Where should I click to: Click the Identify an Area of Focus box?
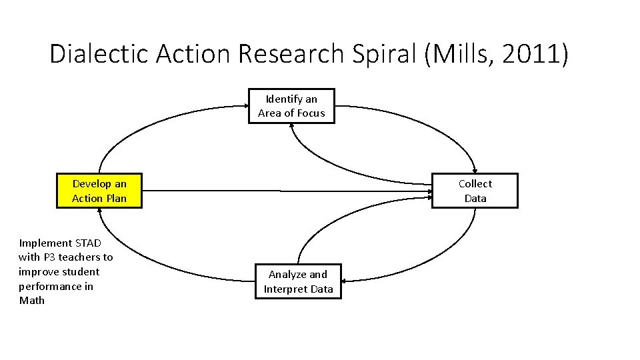point(292,106)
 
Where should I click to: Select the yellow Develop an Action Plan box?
point(99,191)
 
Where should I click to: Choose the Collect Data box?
point(475,191)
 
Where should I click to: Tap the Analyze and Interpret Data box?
point(298,281)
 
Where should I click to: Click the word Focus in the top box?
point(311,113)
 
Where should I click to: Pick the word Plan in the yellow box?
point(115,199)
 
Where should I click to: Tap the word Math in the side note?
point(32,301)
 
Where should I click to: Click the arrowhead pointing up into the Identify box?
point(292,128)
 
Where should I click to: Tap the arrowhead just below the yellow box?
point(99,212)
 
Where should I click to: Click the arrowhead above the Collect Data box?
point(475,169)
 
